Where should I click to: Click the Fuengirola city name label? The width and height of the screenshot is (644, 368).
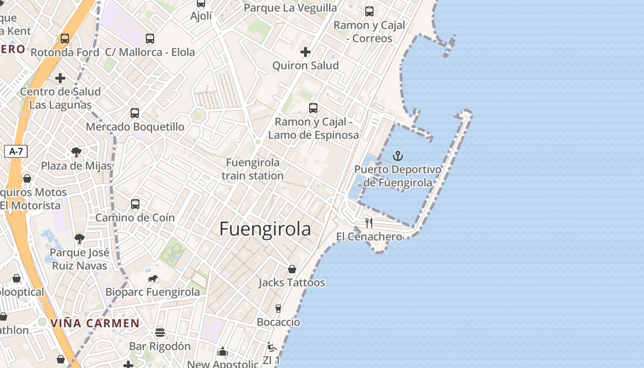tap(265, 229)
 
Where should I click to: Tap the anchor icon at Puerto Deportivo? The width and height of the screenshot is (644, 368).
tap(397, 156)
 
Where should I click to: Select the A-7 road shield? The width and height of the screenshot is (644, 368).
tap(16, 151)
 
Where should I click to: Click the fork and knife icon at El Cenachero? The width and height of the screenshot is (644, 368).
tap(369, 223)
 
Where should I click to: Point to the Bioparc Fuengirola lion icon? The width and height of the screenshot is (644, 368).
tap(153, 279)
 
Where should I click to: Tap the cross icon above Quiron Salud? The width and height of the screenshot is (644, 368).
tap(305, 52)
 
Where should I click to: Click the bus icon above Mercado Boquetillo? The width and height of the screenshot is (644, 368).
tap(135, 113)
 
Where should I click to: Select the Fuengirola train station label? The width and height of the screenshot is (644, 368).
tap(253, 169)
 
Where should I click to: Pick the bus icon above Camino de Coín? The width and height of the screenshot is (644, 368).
tap(135, 204)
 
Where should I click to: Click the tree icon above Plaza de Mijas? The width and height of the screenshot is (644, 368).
tap(76, 152)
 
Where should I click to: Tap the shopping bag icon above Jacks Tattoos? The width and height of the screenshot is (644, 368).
tap(292, 269)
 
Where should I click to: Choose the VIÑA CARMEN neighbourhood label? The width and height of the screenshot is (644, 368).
tap(95, 323)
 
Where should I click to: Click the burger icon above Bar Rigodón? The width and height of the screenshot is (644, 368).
tap(160, 333)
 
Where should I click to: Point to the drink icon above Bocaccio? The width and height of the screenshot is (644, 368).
tap(278, 309)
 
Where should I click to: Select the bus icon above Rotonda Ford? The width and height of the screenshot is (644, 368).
tap(65, 39)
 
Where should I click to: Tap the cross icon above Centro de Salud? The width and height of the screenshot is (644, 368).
tap(60, 78)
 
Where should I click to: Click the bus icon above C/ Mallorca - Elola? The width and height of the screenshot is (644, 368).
tap(150, 39)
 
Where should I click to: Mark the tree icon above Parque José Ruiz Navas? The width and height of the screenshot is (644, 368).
tap(80, 239)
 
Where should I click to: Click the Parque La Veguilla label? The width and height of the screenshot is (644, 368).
tap(290, 8)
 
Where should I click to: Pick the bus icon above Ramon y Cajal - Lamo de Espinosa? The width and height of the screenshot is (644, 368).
tap(313, 108)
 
